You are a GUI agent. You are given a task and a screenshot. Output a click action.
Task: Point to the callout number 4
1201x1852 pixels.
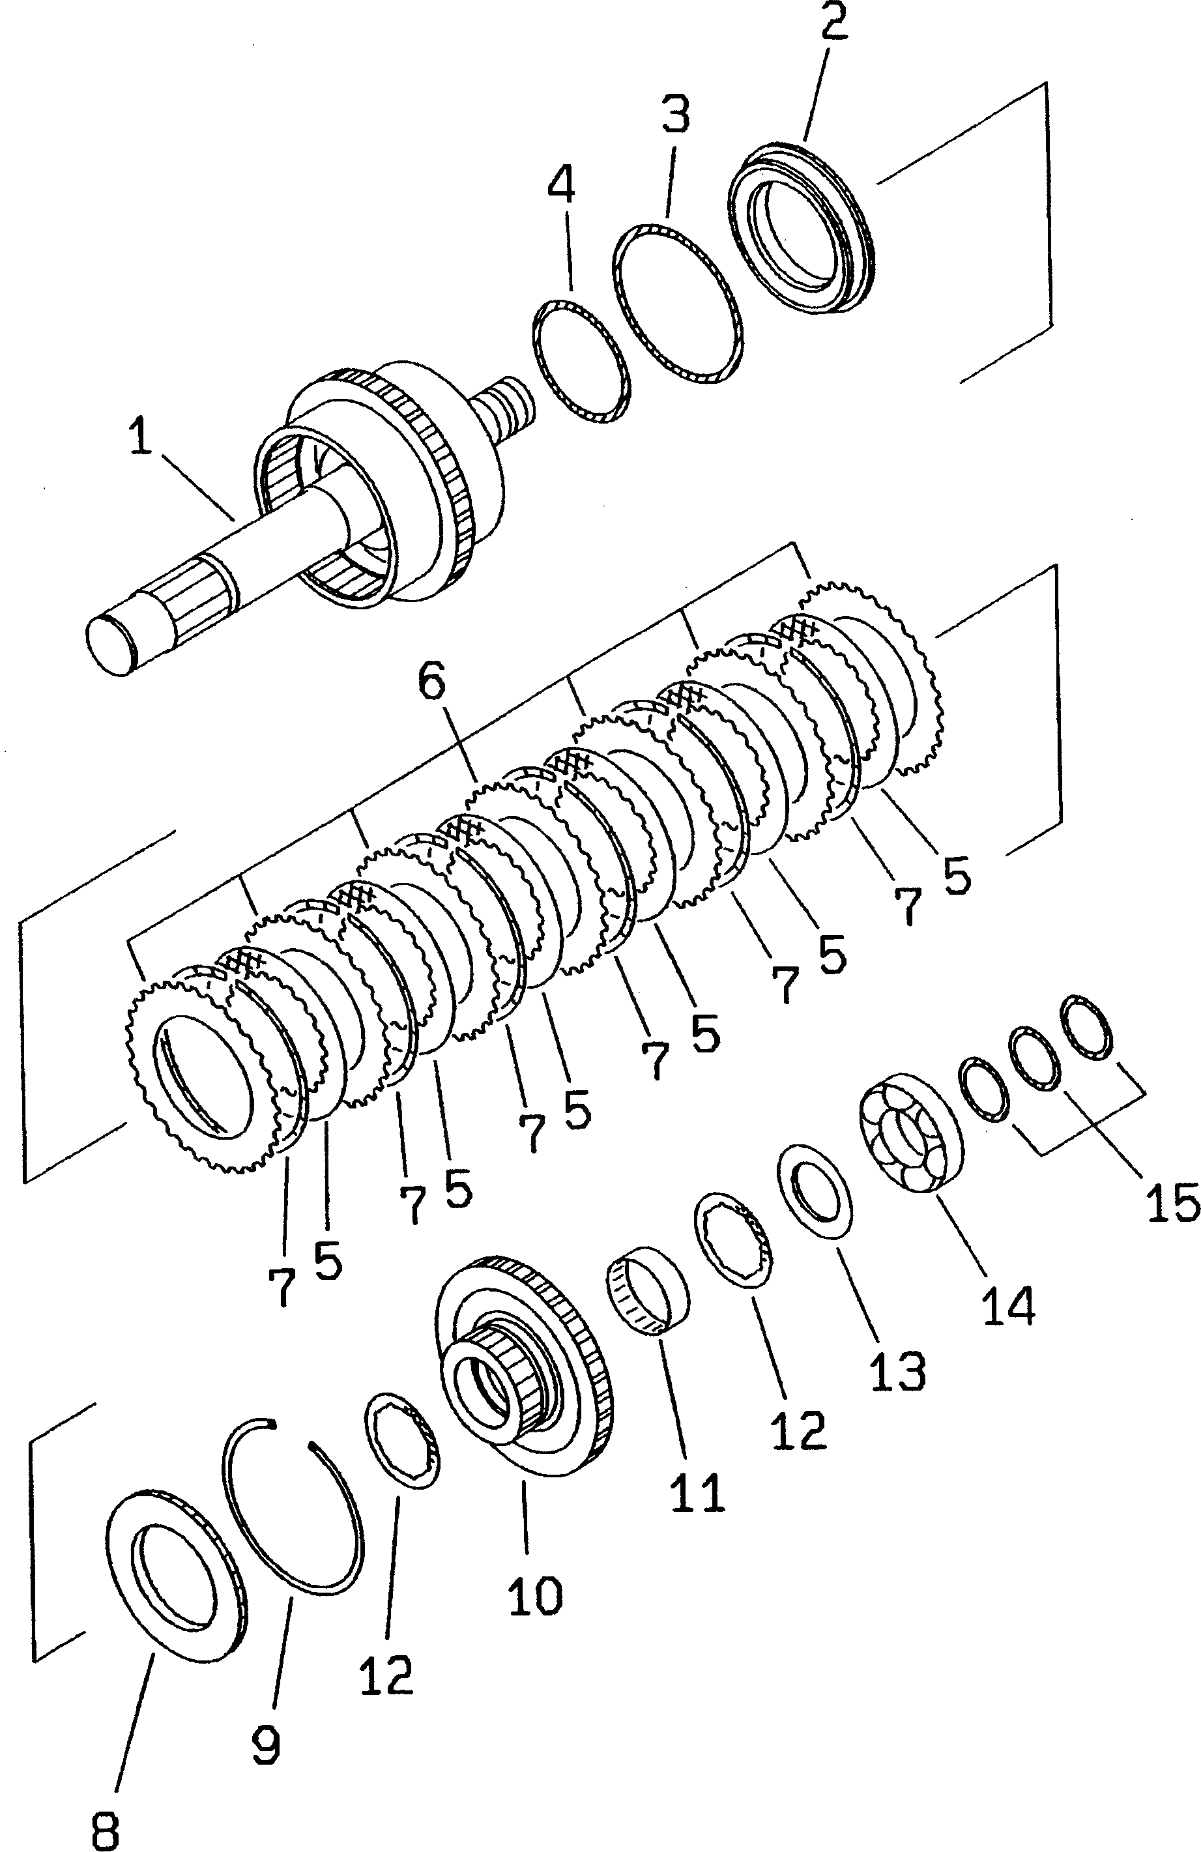click(560, 184)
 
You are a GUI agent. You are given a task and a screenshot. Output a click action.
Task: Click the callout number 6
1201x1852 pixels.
click(432, 682)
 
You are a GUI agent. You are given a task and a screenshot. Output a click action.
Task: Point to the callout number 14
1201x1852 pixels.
click(1007, 1303)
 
